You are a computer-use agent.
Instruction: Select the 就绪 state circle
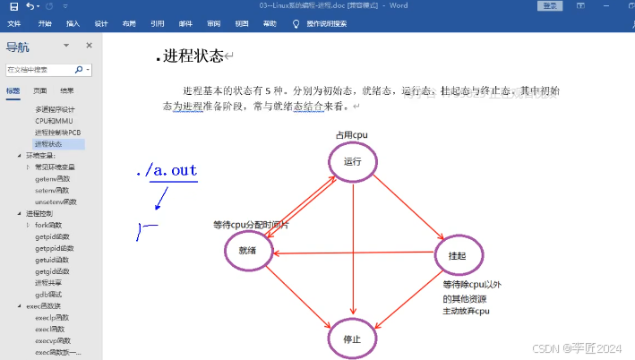[x=247, y=250]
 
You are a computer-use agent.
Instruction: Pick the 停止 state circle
[x=352, y=339]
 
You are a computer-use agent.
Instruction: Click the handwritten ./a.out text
[x=167, y=171]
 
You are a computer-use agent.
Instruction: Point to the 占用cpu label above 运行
[x=352, y=135]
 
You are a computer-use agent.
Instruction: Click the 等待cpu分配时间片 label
[x=251, y=225]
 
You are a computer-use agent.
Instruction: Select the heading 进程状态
[x=193, y=56]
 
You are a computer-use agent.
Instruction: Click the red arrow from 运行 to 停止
[x=353, y=251]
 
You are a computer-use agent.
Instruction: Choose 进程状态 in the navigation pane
[x=49, y=143]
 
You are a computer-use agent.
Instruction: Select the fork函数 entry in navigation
[x=53, y=225]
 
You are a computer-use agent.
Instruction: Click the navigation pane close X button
[x=89, y=46]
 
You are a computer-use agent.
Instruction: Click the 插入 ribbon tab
[x=73, y=23]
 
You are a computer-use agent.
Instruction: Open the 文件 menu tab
[x=13, y=23]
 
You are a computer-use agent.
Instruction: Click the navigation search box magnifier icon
[x=79, y=69]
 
